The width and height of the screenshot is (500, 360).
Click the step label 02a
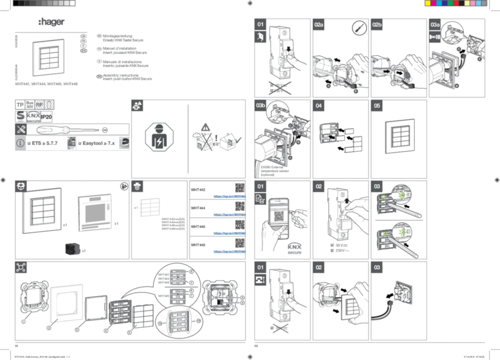[319, 24]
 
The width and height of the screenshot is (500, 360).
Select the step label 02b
[377, 24]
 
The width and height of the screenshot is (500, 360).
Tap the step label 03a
[436, 24]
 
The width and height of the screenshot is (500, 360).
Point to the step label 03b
[261, 106]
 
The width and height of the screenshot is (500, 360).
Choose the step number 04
[319, 106]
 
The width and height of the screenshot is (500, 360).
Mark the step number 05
[377, 106]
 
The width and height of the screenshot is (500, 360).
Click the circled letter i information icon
[21, 144]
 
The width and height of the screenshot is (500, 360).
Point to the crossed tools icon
[21, 130]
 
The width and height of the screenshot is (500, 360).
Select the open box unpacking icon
[20, 186]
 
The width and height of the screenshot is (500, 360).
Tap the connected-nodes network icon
[21, 269]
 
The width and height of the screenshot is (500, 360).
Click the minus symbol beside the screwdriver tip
[105, 130]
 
